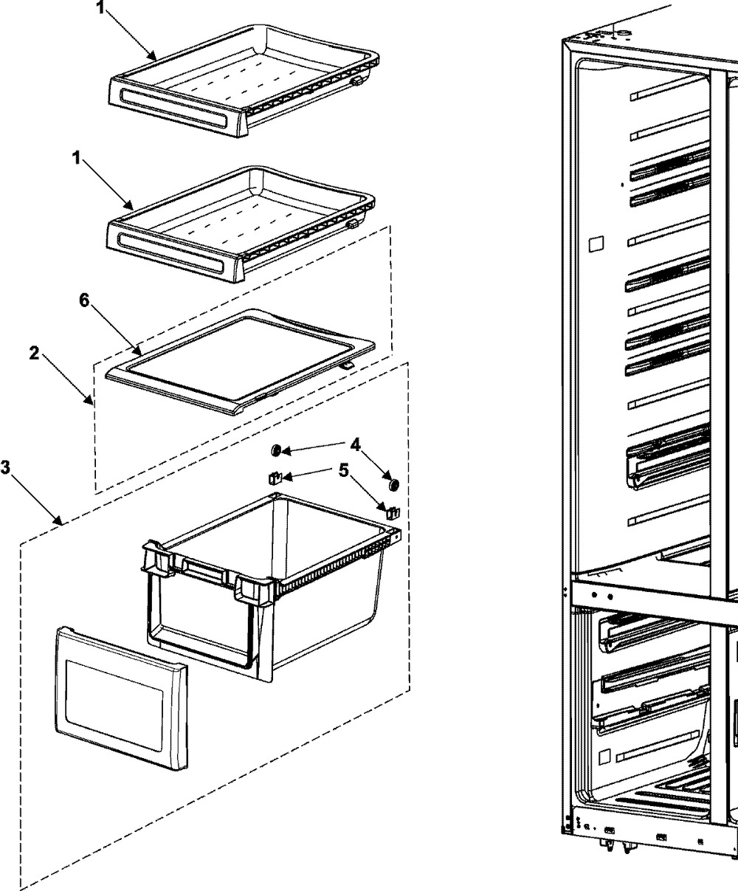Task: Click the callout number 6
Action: coord(84,302)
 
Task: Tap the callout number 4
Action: coord(355,444)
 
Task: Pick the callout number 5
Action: coord(343,469)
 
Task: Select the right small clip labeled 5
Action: coord(390,509)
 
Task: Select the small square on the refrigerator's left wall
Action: coord(596,243)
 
